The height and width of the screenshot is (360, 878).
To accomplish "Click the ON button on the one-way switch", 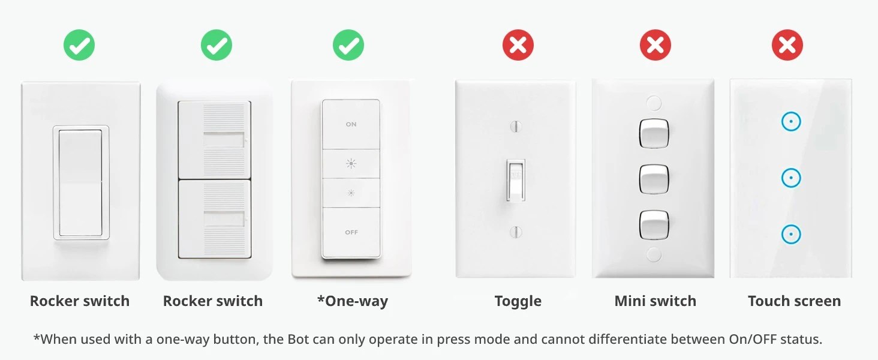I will point(351,124).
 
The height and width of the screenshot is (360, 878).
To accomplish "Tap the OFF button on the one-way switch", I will point(351,232).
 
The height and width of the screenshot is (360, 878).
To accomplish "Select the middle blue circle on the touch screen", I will point(791,178).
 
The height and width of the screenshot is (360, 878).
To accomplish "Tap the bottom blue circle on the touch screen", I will point(791,233).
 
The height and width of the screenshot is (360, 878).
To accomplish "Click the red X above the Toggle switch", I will point(518,45).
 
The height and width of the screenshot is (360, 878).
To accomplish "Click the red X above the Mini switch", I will point(655,45).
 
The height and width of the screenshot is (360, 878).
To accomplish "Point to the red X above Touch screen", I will point(787,45).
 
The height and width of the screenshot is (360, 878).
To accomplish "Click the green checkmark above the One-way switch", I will point(348,45).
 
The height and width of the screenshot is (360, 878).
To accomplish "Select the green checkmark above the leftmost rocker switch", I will point(79,45).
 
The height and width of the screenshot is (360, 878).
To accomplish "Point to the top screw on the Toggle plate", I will point(515,126).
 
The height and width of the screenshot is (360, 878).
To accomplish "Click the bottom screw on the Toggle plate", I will point(515,232).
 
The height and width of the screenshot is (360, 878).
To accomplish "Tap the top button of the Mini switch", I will point(654,133).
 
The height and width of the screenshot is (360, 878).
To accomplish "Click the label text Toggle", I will point(518,301).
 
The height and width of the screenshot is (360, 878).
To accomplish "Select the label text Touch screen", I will point(794,301).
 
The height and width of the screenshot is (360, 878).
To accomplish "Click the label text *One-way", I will point(352,301).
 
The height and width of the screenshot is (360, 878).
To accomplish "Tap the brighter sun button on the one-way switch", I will point(351,163).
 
